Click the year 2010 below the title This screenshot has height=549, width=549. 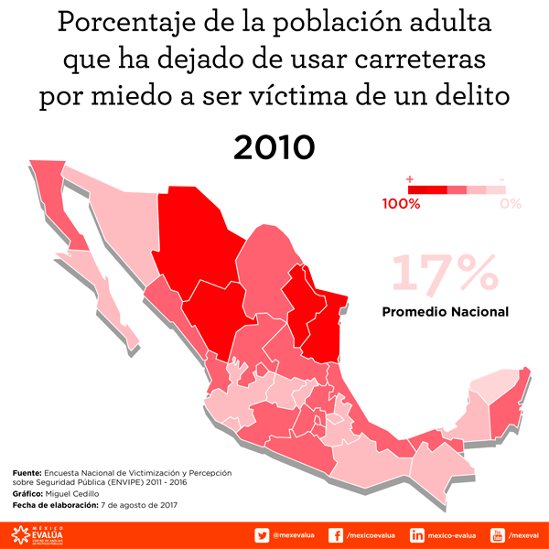pos(274,146)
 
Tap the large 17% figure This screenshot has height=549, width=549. pos(446,274)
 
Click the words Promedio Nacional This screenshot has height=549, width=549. pos(445,312)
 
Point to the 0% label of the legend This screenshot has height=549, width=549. pos(511,204)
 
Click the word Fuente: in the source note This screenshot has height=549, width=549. pos(28,472)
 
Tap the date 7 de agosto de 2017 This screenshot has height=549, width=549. pos(138,505)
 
